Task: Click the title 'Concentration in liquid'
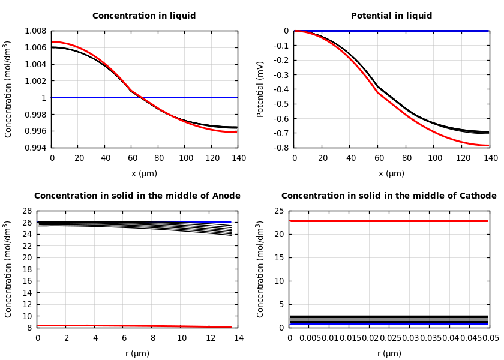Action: tap(144, 16)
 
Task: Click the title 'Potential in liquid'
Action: tap(391, 16)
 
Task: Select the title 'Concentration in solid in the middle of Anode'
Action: tap(137, 196)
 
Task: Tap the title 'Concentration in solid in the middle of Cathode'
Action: tap(389, 196)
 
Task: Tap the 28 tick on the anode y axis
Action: tap(26, 211)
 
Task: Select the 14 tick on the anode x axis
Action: tap(239, 338)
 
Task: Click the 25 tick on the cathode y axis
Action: tap(278, 211)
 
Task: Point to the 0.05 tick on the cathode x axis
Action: tap(491, 338)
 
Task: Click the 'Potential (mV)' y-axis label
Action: tap(260, 89)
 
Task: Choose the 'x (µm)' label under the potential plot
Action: tap(391, 174)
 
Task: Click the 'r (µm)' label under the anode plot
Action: tap(137, 354)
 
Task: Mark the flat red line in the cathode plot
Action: tap(389, 221)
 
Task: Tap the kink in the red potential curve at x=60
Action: tap(377, 92)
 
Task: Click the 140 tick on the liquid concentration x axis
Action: tap(239, 158)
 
